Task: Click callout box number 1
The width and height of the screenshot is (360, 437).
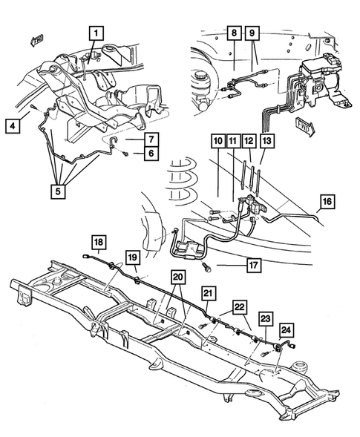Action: point(97,33)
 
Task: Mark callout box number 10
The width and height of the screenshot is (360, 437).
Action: point(217,141)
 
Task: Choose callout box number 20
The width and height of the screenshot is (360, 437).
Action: point(177,277)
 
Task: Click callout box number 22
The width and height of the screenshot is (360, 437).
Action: point(240,307)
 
